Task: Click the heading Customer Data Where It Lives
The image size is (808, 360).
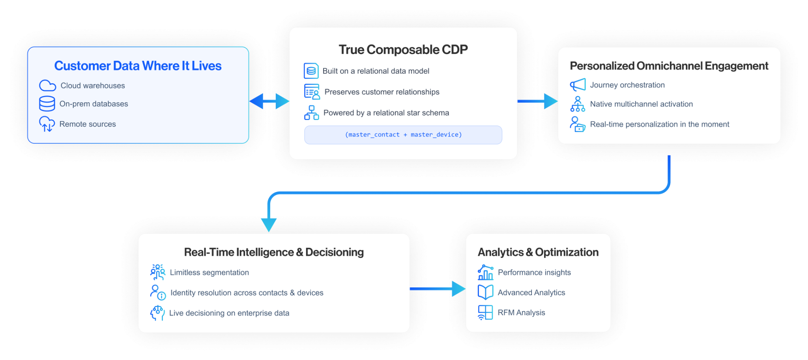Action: [138, 66]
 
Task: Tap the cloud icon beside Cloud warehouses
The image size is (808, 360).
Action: [47, 86]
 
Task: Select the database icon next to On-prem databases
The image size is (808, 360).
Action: [47, 104]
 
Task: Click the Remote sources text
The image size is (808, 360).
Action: [88, 124]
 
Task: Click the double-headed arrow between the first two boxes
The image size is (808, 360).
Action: [269, 101]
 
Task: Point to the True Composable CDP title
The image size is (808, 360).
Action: [403, 50]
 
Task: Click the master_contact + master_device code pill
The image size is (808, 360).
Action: [403, 135]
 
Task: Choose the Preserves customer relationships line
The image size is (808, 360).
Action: [382, 92]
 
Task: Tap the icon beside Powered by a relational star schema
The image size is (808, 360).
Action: [311, 113]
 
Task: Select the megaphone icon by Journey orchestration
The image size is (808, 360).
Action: [578, 85]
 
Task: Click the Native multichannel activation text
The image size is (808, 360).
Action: [641, 104]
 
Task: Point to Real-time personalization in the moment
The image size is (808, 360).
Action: [659, 124]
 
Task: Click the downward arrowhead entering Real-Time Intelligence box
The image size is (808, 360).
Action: [269, 225]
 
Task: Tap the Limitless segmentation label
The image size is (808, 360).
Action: [209, 272]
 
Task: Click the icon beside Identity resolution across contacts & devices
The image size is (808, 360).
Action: [158, 292]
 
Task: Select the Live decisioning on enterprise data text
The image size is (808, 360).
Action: [229, 313]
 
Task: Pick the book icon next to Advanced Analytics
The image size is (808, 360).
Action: [485, 292]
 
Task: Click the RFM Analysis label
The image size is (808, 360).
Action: [521, 313]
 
